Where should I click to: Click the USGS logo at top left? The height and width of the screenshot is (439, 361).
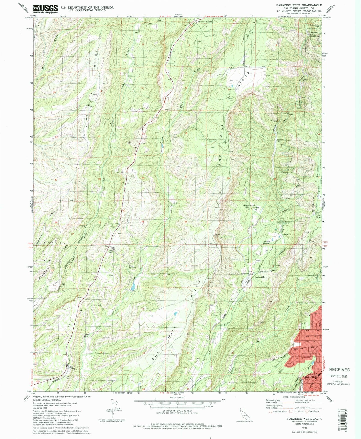click(x=45, y=9)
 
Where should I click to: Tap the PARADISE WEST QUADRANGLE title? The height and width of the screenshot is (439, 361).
click(x=299, y=5)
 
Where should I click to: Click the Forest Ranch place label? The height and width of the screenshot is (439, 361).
click(x=205, y=22)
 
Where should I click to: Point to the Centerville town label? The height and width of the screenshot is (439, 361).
click(x=259, y=277)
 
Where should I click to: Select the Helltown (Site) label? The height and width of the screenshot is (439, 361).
click(x=247, y=206)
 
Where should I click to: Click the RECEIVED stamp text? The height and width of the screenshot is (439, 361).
click(x=339, y=370)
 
